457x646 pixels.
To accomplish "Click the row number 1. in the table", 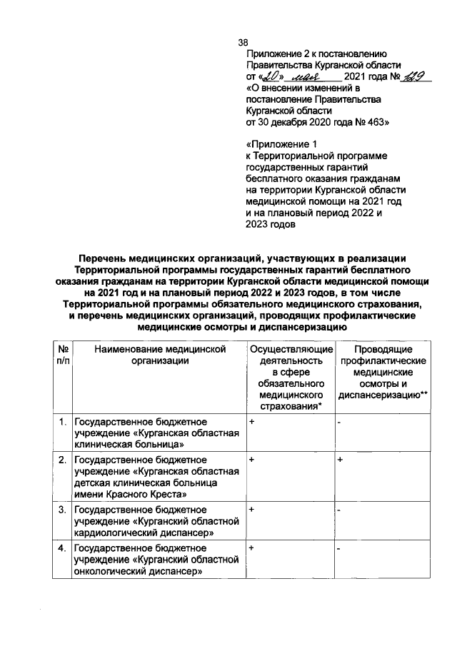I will (x=64, y=423).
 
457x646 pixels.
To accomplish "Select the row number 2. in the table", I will (x=64, y=460).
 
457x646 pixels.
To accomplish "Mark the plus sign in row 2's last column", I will (x=341, y=460).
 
